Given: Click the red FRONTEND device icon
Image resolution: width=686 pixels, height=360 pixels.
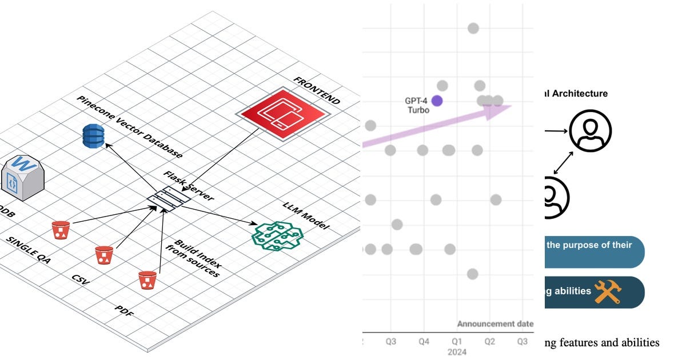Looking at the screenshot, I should tap(284, 109).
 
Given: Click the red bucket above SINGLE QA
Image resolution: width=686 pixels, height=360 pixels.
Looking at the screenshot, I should tap(61, 230).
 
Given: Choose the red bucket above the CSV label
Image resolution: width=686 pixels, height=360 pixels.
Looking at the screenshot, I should tap(104, 255).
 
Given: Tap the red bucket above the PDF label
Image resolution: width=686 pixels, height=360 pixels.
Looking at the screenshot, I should tap(147, 279).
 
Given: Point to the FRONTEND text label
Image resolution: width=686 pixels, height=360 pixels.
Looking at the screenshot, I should tap(316, 90).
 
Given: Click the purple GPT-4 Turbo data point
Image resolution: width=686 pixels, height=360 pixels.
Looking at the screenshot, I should tap(437, 101).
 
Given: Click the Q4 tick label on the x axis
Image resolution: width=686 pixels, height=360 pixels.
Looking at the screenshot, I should tap(424, 341).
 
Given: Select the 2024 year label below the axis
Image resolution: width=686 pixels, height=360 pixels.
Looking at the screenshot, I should tap(456, 352).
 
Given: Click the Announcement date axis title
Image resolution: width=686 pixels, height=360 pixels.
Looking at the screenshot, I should tap(495, 324).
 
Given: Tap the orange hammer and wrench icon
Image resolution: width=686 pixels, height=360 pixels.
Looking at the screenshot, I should tap(607, 291).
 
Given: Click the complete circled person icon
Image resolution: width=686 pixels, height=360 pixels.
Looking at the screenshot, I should tap(590, 131).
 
